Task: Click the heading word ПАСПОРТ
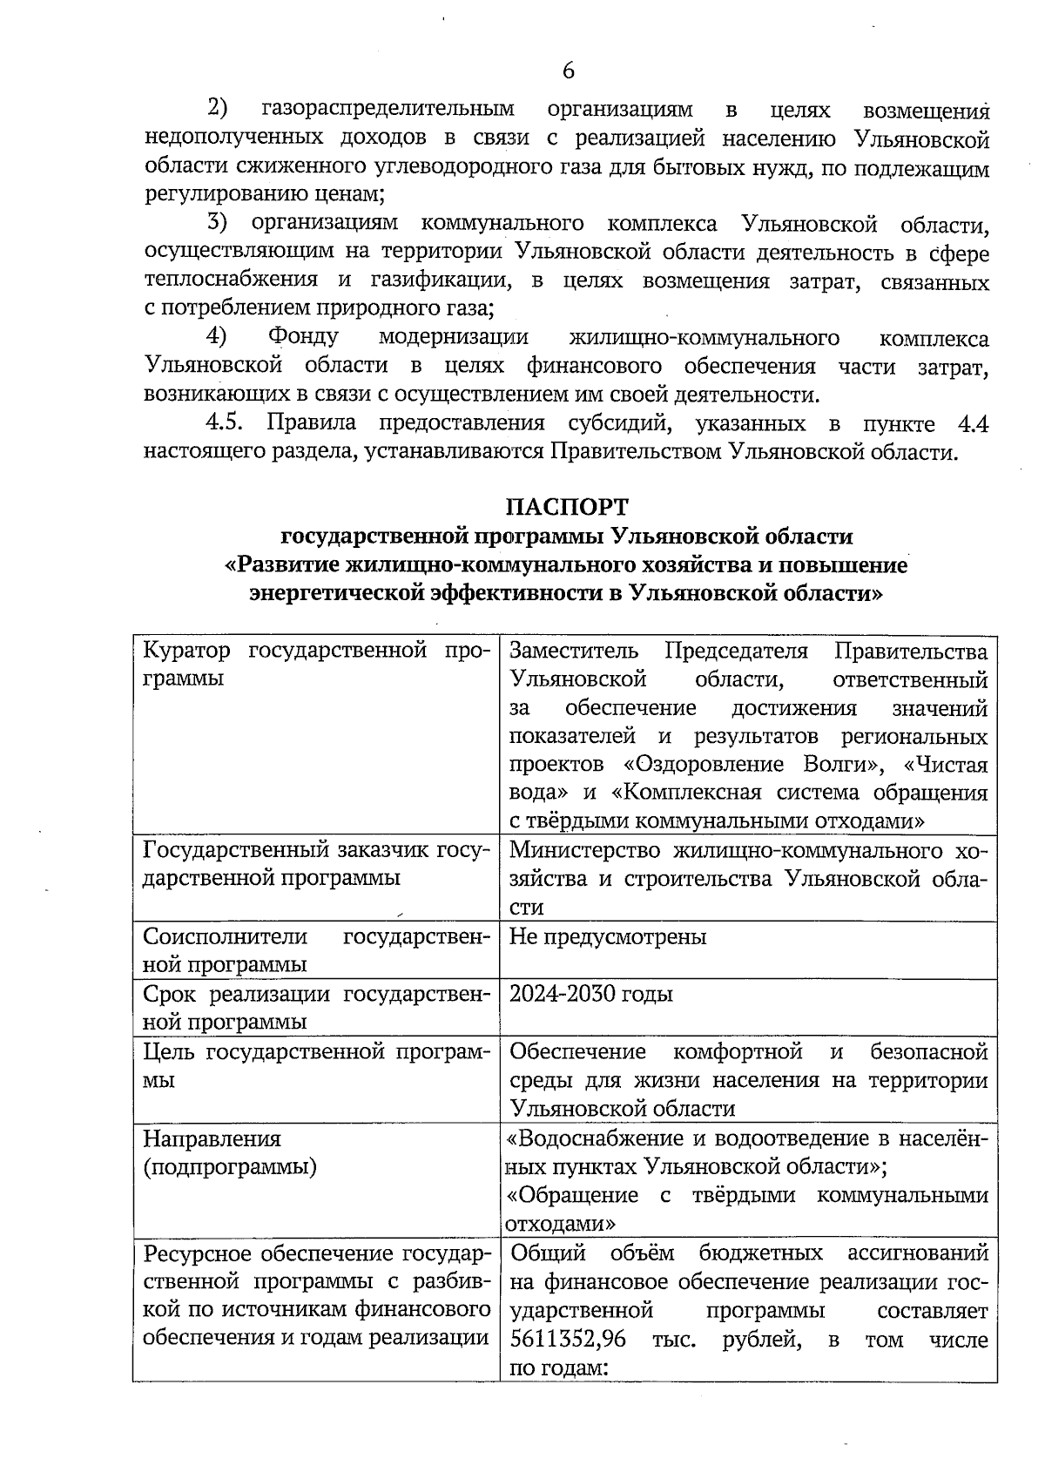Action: (568, 506)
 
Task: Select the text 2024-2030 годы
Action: (591, 994)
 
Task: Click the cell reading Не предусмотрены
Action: (608, 936)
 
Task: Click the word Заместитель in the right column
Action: (573, 651)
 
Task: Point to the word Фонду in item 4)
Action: (303, 337)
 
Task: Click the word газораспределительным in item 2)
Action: (388, 110)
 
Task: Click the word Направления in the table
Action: (212, 1138)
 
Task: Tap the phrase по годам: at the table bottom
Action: (556, 1368)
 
